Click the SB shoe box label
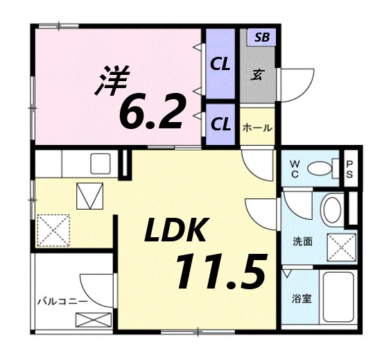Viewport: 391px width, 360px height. point(261,37)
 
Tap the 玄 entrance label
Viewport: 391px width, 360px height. point(257,74)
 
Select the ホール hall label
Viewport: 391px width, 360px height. point(257,128)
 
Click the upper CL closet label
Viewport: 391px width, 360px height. point(220,65)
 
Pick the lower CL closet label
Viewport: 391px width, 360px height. point(220,124)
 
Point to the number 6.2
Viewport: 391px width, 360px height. point(152,110)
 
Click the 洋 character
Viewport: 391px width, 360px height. point(111,80)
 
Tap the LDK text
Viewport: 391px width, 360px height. point(175,230)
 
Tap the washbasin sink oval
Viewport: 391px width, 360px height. point(332,208)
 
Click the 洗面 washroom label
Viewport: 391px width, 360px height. point(302,243)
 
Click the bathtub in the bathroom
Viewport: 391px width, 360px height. point(340,296)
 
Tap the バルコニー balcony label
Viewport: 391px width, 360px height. point(62,302)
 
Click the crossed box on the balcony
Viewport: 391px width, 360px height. point(93,320)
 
